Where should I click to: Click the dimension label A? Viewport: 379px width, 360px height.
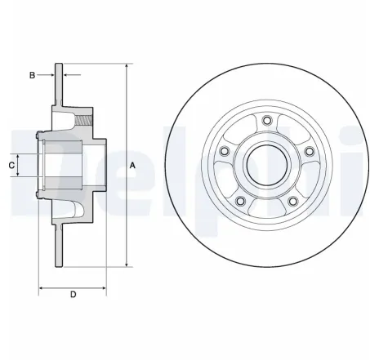pyautogui.click(x=132, y=167)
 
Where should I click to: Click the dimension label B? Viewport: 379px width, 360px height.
pyautogui.click(x=32, y=75)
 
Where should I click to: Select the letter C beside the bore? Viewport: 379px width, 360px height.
pyautogui.click(x=11, y=166)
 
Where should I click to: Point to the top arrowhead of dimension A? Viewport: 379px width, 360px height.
pyautogui.click(x=127, y=65)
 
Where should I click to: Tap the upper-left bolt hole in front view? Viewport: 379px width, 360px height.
pyautogui.click(x=226, y=152)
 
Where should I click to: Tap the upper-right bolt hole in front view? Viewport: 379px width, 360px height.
pyautogui.click(x=308, y=152)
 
